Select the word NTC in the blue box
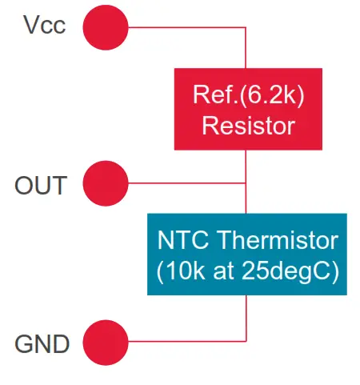pos(181,241)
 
